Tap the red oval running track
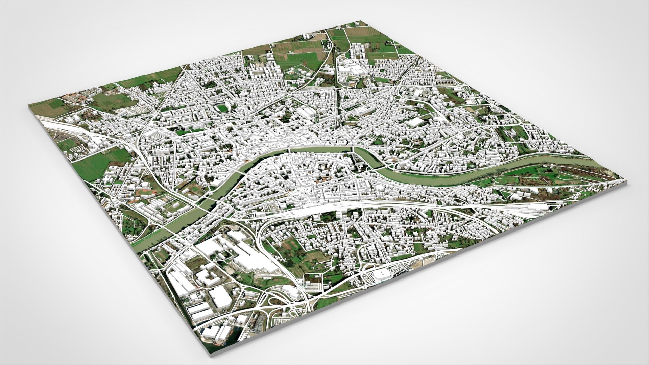[x=146, y=193]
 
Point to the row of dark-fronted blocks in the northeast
[x=446, y=82]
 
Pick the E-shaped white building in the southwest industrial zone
[x=207, y=277]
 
